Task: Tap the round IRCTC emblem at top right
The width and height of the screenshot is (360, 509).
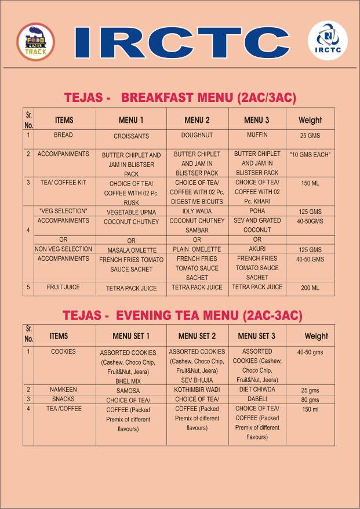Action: pos(328,41)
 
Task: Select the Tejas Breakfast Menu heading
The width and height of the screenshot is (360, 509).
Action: pos(180,98)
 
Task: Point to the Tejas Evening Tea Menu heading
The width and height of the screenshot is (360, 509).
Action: pos(182,315)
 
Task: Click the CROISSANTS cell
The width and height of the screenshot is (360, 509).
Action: pos(132,136)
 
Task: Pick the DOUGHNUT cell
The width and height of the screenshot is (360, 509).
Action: pos(197,135)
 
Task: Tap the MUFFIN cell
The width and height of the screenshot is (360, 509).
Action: pos(257,135)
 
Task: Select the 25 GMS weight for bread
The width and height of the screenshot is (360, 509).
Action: pos(310,136)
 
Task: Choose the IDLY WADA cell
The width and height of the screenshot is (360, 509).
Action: pos(197,211)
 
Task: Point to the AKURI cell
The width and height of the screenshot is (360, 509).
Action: pos(257,249)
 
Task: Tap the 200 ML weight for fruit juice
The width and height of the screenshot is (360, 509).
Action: pos(310,288)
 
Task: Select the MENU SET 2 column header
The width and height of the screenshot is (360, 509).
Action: pos(197,336)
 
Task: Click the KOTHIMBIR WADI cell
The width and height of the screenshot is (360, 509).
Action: pos(197,390)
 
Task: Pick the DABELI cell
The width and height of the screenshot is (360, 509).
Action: pos(257,399)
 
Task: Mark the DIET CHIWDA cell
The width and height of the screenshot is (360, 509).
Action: pos(257,390)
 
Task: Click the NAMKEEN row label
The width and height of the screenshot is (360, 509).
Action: pos(64,390)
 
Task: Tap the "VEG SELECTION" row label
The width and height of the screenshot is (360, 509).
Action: pos(63,210)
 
